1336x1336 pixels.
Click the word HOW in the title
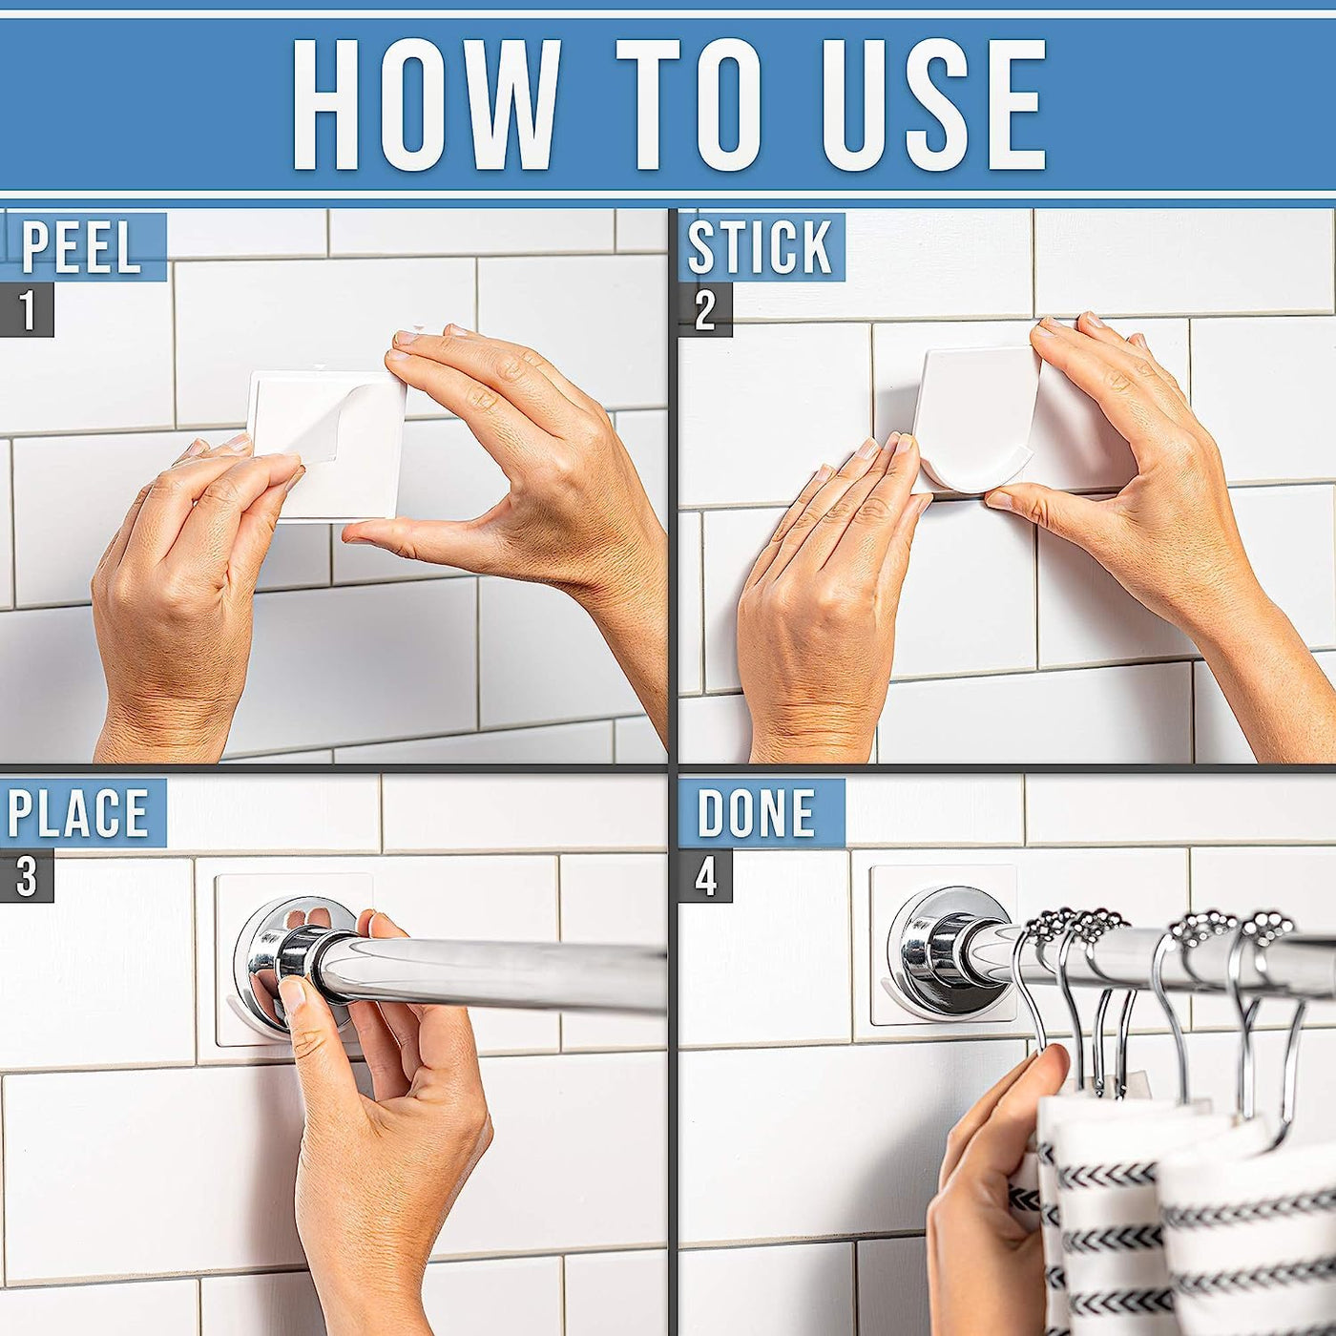[426, 104]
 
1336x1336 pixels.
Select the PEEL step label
[82, 247]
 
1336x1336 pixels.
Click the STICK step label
[760, 247]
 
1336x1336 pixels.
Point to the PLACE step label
[77, 812]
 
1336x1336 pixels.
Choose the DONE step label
[756, 812]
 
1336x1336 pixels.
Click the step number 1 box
[27, 310]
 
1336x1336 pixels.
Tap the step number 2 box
[705, 310]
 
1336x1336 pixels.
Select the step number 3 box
[27, 876]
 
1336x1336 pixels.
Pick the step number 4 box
[705, 876]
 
